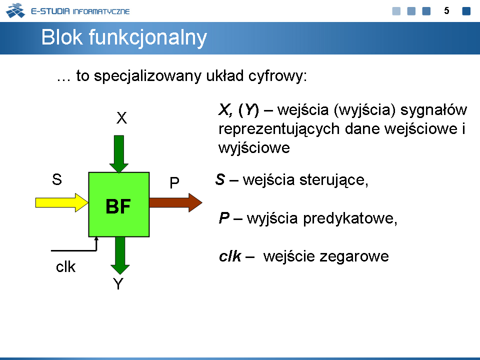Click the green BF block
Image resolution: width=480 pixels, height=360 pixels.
click(119, 204)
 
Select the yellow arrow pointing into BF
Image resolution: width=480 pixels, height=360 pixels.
click(62, 202)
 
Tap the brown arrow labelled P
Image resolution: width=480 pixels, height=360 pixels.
click(175, 202)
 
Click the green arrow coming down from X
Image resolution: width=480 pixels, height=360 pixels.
click(119, 154)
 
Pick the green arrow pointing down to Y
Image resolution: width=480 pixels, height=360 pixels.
click(120, 255)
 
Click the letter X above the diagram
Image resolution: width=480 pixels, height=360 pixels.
click(121, 118)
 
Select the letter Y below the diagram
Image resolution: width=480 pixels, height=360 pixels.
click(118, 284)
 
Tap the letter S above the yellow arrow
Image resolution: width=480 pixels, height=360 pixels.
click(57, 179)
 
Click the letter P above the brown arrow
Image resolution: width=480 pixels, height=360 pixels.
click(174, 183)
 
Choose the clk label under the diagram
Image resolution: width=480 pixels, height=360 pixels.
click(65, 266)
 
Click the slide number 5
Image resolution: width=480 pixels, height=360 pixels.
click(446, 11)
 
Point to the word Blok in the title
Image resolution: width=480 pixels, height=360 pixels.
click(62, 37)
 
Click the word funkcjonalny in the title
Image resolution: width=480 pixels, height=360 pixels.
click(148, 38)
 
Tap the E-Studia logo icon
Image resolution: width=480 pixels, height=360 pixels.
click(15, 10)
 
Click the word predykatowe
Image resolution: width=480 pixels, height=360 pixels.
click(350, 219)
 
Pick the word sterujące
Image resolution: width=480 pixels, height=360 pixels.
click(333, 180)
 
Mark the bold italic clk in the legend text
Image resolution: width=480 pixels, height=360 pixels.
click(230, 256)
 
